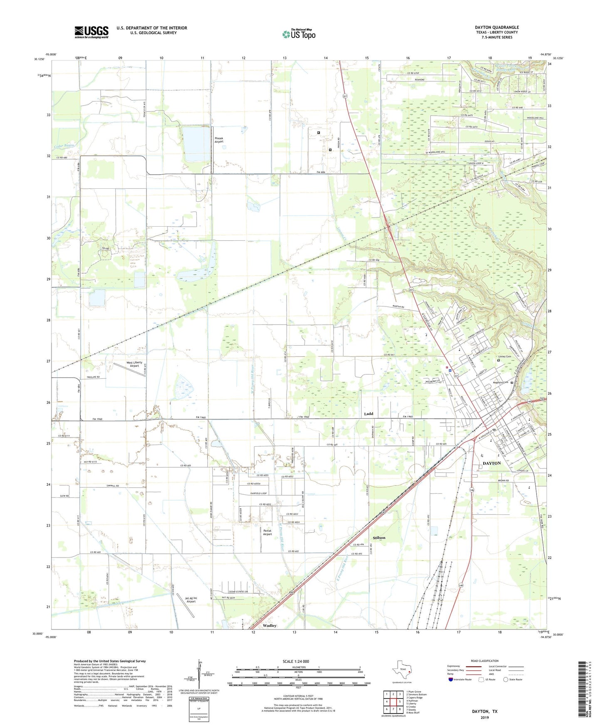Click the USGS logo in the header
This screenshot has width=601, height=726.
tap(91, 32)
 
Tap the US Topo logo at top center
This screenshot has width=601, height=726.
tap(299, 34)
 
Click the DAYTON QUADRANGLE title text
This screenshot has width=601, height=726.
tap(497, 27)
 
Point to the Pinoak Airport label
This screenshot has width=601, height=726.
tap(219, 140)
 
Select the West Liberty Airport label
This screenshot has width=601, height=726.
tap(134, 364)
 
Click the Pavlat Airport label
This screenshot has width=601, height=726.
tap(267, 532)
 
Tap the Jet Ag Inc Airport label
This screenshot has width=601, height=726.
tap(191, 600)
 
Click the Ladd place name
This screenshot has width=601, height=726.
tap(369, 414)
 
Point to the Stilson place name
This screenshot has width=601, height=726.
tap(379, 538)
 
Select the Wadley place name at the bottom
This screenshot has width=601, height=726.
tap(270, 625)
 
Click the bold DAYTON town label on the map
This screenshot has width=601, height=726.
tap(492, 463)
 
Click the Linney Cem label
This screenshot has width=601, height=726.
tap(505, 357)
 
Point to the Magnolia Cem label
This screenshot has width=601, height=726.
tap(500, 383)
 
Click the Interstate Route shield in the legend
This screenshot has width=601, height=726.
tap(451, 679)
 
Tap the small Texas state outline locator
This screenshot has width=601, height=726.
tap(401, 670)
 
